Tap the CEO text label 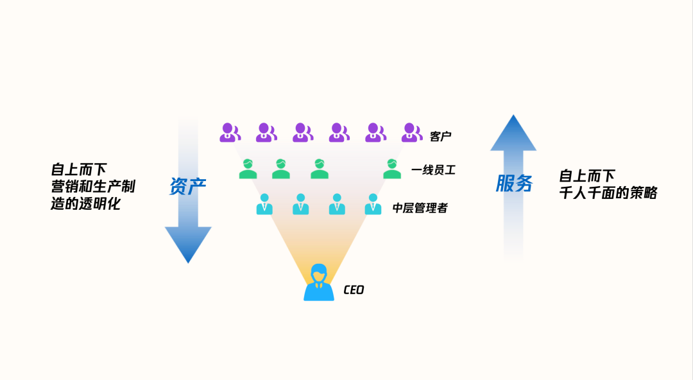(354, 290)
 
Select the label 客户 (441, 137)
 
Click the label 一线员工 (434, 171)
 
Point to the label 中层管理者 (420, 208)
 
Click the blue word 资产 (187, 186)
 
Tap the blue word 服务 (514, 184)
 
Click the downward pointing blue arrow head (188, 244)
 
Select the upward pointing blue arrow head (513, 134)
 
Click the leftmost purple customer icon (230, 132)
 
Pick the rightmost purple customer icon (411, 132)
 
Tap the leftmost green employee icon (248, 169)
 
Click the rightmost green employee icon (392, 169)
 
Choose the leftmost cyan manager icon (264, 205)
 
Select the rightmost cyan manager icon (373, 205)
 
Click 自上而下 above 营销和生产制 (79, 170)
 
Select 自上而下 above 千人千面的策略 (587, 175)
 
